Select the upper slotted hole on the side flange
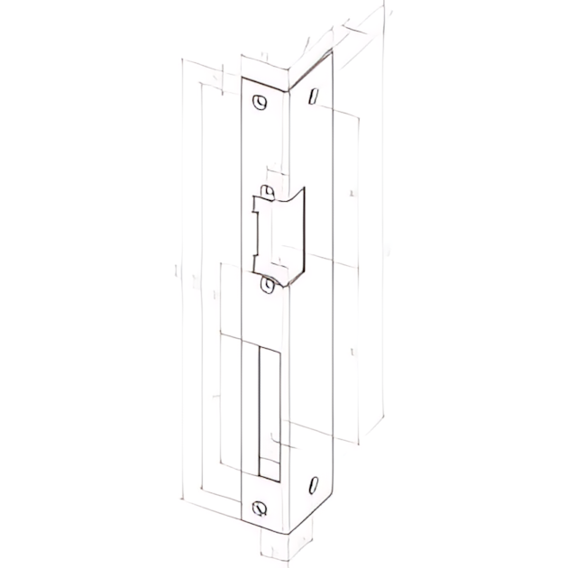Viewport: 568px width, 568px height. coord(313,96)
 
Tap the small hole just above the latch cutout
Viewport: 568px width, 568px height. coord(267,191)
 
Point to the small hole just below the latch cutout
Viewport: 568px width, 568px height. coord(267,285)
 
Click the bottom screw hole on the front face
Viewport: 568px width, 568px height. coord(261,507)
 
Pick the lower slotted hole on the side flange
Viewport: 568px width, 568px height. coord(313,485)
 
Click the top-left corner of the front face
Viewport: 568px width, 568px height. coord(243,78)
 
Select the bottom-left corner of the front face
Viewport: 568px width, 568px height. coord(243,523)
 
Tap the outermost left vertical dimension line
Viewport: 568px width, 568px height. coord(183,279)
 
